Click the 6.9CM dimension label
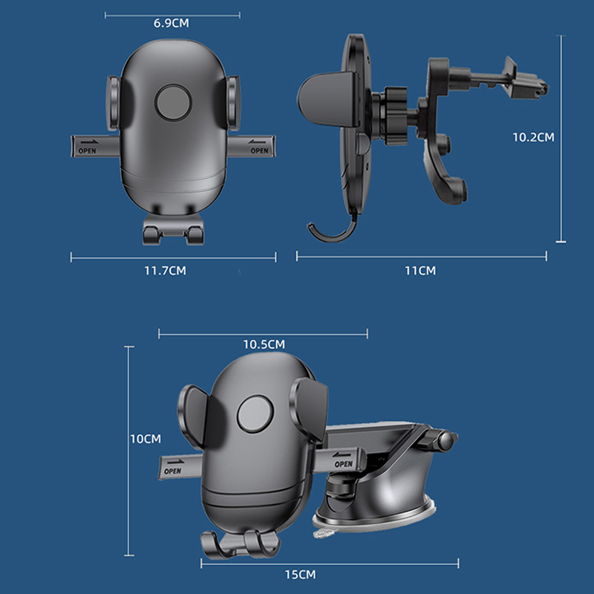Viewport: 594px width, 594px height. pyautogui.click(x=172, y=23)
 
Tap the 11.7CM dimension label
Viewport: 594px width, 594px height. pyautogui.click(x=165, y=271)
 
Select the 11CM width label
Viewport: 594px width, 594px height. pyautogui.click(x=420, y=271)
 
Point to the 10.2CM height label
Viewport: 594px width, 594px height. pyautogui.click(x=533, y=137)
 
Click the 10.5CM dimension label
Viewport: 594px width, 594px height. pyautogui.click(x=264, y=345)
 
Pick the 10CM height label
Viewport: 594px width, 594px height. pyautogui.click(x=146, y=439)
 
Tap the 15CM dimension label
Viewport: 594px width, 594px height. pyautogui.click(x=301, y=575)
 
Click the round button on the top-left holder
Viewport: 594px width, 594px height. pyautogui.click(x=173, y=102)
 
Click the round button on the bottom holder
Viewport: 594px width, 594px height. pyautogui.click(x=255, y=414)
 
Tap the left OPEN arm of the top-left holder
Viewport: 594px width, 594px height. pyautogui.click(x=96, y=146)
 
